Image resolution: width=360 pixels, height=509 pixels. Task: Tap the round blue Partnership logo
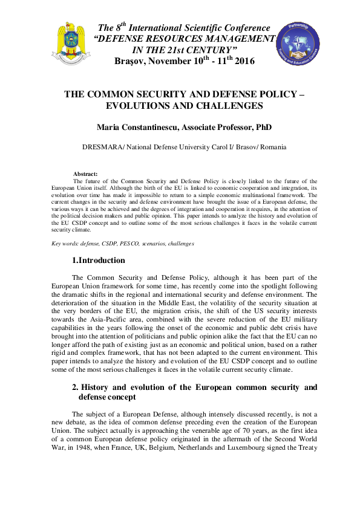tap(296, 46)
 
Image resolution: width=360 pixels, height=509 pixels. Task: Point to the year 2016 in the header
tap(244, 61)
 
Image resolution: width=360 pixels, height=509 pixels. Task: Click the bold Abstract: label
tap(85, 174)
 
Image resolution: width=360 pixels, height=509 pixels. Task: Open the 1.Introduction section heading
tap(98, 261)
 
